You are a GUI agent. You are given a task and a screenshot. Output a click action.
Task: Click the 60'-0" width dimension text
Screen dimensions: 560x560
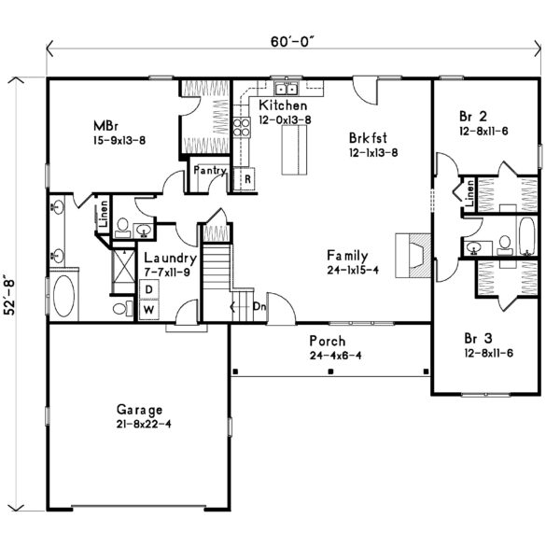[x=293, y=42]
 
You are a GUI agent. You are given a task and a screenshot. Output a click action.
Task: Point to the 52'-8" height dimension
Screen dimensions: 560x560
[x=9, y=295]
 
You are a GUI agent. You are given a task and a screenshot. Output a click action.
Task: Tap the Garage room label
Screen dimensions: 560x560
[x=139, y=410]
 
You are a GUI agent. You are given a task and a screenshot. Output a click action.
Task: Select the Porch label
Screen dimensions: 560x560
[x=328, y=341]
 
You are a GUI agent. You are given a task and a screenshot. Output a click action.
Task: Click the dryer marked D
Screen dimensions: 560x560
[x=149, y=289]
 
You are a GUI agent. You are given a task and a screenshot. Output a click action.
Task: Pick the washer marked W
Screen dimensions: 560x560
[x=149, y=310]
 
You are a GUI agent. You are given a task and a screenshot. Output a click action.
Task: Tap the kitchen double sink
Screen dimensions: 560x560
[x=287, y=89]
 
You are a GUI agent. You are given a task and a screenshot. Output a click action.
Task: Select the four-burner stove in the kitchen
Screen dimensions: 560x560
[x=242, y=128]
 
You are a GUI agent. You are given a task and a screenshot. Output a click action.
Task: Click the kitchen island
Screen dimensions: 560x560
[x=294, y=150]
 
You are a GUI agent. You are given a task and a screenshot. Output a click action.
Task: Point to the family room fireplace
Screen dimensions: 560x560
[x=413, y=256]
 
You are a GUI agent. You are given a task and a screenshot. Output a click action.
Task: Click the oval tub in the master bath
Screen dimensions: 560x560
[x=63, y=295]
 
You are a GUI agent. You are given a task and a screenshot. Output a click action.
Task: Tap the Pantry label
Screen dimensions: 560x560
[x=210, y=171]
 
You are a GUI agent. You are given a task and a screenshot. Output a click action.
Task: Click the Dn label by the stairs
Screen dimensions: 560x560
[x=259, y=306]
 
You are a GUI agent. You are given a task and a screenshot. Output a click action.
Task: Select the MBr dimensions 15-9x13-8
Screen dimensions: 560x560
[x=119, y=140]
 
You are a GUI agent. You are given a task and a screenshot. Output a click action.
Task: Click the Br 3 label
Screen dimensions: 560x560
[x=478, y=338]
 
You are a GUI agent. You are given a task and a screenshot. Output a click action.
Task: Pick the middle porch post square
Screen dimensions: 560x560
[x=330, y=371]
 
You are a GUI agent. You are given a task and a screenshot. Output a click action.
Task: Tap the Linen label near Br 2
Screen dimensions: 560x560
[x=470, y=193]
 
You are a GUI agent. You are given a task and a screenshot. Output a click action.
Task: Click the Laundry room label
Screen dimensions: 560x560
[x=171, y=259]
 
